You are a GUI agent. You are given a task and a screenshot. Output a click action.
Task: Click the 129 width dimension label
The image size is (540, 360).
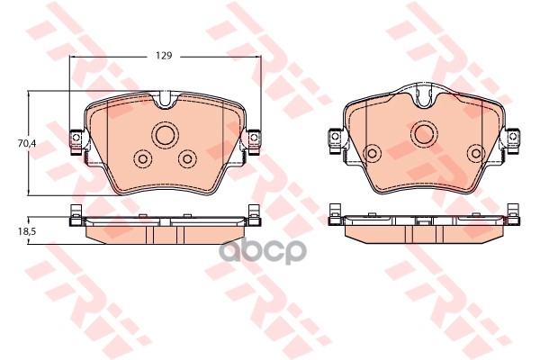163,56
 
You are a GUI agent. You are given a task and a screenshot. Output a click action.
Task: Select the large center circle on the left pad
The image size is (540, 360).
165,135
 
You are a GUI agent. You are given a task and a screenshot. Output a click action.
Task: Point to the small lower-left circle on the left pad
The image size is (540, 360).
142,159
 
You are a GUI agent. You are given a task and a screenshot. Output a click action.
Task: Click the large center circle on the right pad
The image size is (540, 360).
424,135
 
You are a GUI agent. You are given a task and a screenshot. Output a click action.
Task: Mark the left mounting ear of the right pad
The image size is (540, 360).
335,138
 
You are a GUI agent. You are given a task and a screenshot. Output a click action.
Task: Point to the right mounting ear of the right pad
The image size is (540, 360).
514,138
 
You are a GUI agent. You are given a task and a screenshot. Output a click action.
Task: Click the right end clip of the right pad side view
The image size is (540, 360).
512,212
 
